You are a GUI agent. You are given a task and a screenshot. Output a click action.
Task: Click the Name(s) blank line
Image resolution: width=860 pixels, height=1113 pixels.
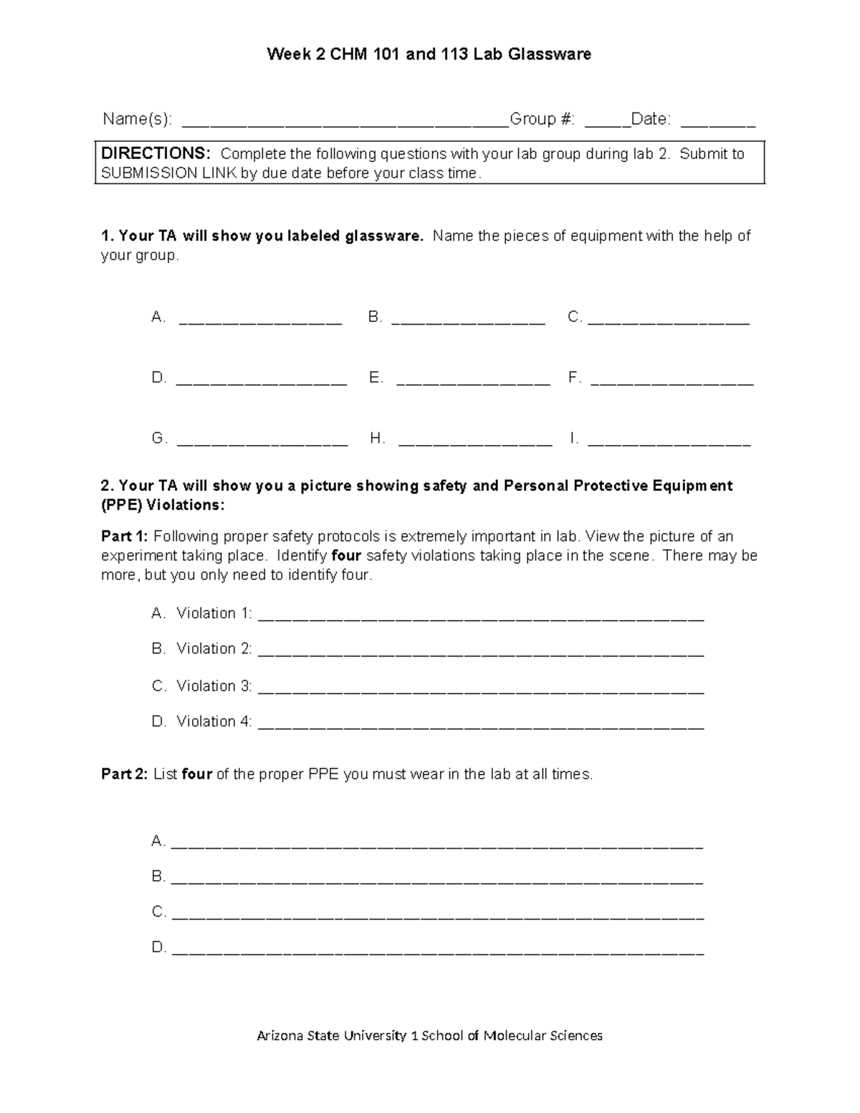[345, 123]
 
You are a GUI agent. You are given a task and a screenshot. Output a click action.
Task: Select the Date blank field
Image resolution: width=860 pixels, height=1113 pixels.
[717, 123]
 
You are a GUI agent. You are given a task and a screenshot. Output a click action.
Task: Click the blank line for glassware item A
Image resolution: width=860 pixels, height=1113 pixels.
[260, 321]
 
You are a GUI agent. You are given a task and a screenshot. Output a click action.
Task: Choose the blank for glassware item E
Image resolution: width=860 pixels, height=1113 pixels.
[473, 382]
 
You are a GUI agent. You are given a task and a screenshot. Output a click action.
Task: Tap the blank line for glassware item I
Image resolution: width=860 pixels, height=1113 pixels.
[669, 443]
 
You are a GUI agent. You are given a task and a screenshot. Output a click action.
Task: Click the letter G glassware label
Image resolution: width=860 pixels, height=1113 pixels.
[158, 439]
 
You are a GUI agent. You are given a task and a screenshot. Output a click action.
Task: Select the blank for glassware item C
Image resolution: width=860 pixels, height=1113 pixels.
[669, 321]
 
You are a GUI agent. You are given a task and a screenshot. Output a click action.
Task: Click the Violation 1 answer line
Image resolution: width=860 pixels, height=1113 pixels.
[480, 617]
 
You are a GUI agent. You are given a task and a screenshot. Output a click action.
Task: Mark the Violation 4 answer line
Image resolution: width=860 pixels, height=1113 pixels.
[480, 725]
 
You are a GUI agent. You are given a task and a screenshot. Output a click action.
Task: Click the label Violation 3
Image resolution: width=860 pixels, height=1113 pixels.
[214, 686]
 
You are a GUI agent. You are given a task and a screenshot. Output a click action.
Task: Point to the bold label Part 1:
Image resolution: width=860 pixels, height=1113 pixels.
[125, 537]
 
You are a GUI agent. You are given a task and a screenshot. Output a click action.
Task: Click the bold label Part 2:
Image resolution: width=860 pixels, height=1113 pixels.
[125, 774]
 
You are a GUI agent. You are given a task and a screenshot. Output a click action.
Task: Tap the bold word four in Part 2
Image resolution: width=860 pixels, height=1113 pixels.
[196, 774]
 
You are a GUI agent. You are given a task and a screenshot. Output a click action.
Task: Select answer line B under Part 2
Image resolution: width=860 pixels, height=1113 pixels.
[438, 881]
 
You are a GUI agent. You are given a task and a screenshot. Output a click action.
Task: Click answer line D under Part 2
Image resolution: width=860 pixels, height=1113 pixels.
[438, 952]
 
